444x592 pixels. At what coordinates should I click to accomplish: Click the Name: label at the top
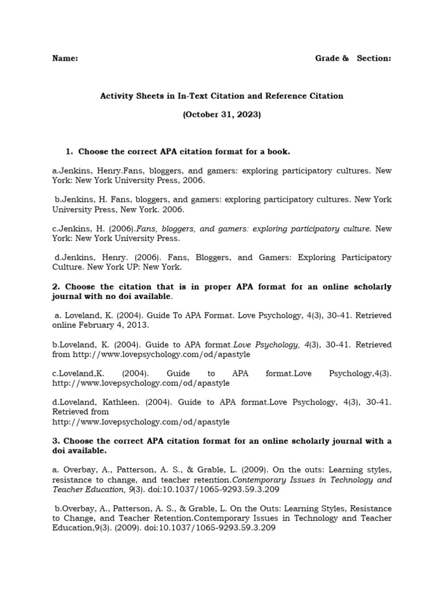[65, 58]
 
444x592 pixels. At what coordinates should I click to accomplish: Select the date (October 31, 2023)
[222, 114]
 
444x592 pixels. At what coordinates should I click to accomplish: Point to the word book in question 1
[276, 151]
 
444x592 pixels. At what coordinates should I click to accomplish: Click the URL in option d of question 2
[140, 422]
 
